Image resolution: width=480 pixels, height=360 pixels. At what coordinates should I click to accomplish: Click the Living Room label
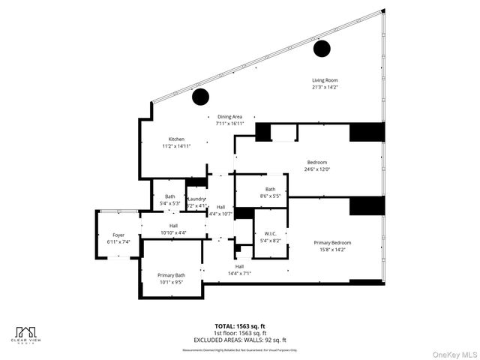tap(325, 80)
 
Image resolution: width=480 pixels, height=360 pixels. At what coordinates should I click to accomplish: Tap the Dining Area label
tap(230, 116)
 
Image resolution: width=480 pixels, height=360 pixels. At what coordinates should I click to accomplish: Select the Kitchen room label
tap(176, 139)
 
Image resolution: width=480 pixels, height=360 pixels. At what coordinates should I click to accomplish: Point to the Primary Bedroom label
tap(332, 243)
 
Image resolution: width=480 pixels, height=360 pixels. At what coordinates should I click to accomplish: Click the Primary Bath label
tap(171, 276)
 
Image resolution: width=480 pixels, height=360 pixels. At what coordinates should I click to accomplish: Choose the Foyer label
tap(118, 235)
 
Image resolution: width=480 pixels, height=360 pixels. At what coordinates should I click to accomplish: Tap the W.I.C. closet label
tap(270, 234)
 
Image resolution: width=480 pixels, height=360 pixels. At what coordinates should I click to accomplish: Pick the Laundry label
tap(196, 198)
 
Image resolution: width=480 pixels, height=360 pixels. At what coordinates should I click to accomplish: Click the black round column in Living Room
tap(322, 49)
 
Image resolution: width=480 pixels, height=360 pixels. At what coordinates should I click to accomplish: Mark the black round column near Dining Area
tap(200, 97)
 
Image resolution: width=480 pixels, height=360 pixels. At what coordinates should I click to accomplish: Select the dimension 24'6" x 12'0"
tap(317, 169)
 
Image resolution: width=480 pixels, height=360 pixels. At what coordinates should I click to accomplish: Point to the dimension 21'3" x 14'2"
tap(325, 87)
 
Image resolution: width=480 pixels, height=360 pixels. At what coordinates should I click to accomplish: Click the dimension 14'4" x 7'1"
tap(239, 274)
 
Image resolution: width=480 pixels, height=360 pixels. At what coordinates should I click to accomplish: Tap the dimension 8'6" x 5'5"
tap(270, 196)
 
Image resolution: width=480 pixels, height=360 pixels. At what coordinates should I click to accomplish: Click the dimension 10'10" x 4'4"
tap(173, 232)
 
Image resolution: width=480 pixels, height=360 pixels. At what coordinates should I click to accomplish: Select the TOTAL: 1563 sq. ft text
tap(240, 326)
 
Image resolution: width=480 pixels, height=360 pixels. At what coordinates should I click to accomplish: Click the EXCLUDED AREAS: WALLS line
tap(240, 339)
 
